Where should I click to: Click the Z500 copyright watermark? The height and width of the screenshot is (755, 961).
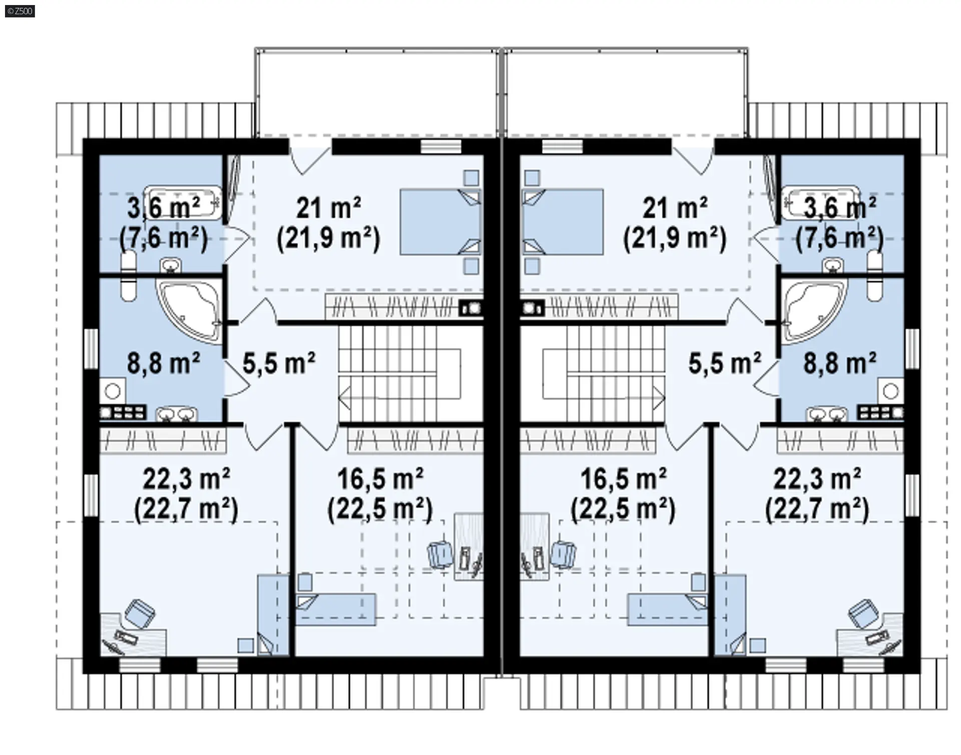click(x=20, y=11)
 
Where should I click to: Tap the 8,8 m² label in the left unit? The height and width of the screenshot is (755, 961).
click(x=164, y=363)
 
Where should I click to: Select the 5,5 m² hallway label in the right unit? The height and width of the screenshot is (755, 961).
click(x=725, y=363)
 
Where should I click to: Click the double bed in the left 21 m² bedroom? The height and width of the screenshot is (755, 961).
click(x=440, y=222)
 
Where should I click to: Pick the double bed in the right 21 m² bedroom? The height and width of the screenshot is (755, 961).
click(x=562, y=222)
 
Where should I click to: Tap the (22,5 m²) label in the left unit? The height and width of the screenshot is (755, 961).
click(x=380, y=509)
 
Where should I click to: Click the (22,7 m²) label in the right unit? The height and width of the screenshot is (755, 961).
click(x=817, y=509)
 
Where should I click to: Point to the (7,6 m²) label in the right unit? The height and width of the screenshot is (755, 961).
click(x=839, y=238)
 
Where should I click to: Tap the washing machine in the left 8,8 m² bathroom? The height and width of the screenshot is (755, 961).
click(x=113, y=391)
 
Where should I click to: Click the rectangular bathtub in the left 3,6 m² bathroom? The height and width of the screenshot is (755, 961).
click(x=183, y=203)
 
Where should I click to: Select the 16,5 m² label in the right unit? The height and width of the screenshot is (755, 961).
click(x=623, y=479)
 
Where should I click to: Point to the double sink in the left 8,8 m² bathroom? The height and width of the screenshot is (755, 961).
click(x=177, y=414)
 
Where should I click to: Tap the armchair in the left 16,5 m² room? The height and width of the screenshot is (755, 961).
click(x=440, y=554)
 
